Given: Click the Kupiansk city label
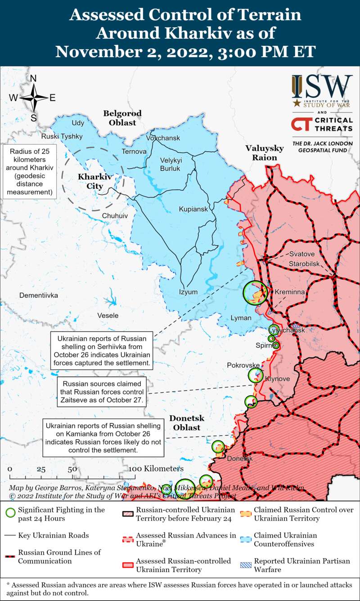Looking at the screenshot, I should [x=193, y=209].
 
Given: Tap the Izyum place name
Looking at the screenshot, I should [x=188, y=292].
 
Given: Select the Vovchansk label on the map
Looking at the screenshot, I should [x=163, y=138].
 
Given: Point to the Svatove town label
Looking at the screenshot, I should [x=302, y=254].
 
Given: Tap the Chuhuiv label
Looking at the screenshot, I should [x=115, y=216].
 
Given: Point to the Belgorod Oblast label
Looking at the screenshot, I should [x=122, y=117].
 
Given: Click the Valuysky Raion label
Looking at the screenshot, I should [x=264, y=153].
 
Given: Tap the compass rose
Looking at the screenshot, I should [x=34, y=98].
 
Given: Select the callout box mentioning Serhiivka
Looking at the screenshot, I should [x=102, y=350].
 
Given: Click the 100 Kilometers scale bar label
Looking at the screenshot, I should [x=156, y=469].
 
